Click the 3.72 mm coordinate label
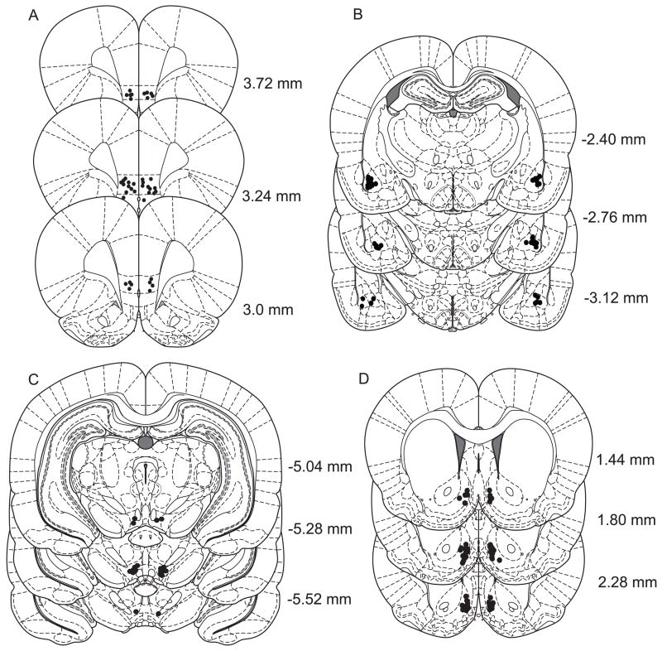coord(269,84)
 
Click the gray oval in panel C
coord(146,443)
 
